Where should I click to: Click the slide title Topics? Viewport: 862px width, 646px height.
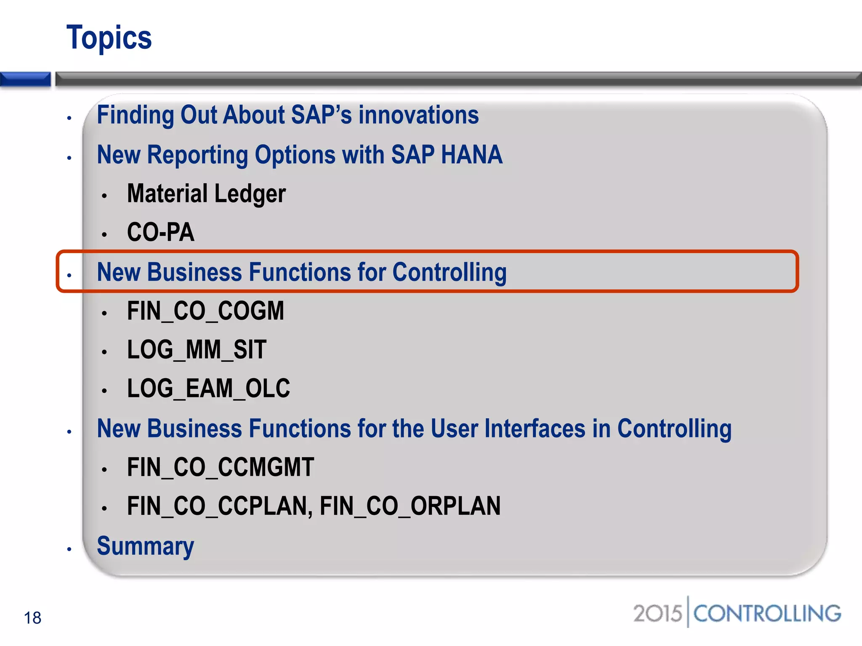[109, 38]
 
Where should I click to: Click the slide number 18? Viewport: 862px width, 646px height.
[32, 618]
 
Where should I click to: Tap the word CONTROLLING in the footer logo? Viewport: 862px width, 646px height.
[767, 614]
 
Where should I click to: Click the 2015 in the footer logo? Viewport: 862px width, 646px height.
[657, 614]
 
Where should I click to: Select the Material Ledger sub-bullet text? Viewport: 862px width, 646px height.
[206, 194]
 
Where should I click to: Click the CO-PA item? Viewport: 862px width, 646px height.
[161, 232]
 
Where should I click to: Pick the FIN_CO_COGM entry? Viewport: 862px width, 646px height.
[205, 311]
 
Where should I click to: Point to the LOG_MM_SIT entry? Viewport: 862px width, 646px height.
[197, 350]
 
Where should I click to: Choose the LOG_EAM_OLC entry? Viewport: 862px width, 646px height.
[208, 388]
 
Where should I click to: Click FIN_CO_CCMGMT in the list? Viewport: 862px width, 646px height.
[221, 467]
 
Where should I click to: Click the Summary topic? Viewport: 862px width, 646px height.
[145, 546]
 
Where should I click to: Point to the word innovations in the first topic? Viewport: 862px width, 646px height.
[418, 115]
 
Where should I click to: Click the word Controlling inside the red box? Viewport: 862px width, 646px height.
[449, 272]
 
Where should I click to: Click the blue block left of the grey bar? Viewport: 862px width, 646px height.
[25, 79]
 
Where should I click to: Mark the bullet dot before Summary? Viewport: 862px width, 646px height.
[69, 549]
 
